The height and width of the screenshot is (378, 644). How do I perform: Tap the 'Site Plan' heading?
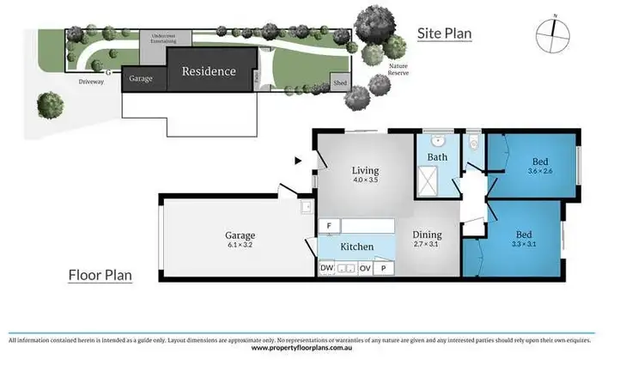[x=445, y=34]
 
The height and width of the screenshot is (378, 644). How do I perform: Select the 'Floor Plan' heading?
[x=99, y=275]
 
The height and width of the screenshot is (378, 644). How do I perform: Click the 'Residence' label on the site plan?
[x=208, y=71]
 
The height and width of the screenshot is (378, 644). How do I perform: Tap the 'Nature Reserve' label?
[x=398, y=70]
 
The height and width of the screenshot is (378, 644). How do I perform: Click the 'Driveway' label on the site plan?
[x=91, y=82]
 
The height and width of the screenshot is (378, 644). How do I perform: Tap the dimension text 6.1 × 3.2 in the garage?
[x=241, y=245]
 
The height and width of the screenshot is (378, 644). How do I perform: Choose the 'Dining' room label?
[x=427, y=235]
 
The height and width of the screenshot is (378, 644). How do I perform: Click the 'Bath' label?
[x=437, y=157]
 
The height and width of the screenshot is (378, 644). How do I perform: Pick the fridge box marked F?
[x=328, y=226]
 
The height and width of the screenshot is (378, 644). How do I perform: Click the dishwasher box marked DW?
[x=327, y=269]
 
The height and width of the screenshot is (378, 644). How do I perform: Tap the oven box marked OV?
[x=364, y=269]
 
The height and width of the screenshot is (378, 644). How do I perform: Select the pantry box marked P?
[x=383, y=269]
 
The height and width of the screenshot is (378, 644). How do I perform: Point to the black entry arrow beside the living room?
[x=298, y=160]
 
